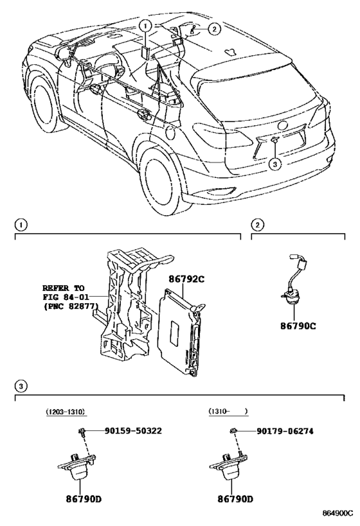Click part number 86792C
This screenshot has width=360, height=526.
click(x=186, y=279)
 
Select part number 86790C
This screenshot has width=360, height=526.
click(x=298, y=326)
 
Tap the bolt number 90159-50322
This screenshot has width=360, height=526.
click(x=133, y=431)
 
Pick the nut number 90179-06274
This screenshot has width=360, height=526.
click(x=285, y=431)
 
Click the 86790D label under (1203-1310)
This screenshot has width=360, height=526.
click(x=84, y=499)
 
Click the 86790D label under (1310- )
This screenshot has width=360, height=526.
click(x=235, y=499)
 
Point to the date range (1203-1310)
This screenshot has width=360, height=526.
click(x=66, y=411)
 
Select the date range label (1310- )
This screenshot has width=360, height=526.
click(x=228, y=411)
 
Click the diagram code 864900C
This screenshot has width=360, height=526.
click(x=338, y=513)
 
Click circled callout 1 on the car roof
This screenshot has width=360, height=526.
click(x=145, y=25)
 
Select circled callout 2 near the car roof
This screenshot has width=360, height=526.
click(x=214, y=29)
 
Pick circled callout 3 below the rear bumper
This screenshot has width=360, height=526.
click(x=274, y=164)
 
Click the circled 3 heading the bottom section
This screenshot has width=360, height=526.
click(x=21, y=386)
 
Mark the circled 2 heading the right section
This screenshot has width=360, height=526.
click(x=257, y=225)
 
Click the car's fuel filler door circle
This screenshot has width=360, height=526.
click(x=170, y=132)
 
